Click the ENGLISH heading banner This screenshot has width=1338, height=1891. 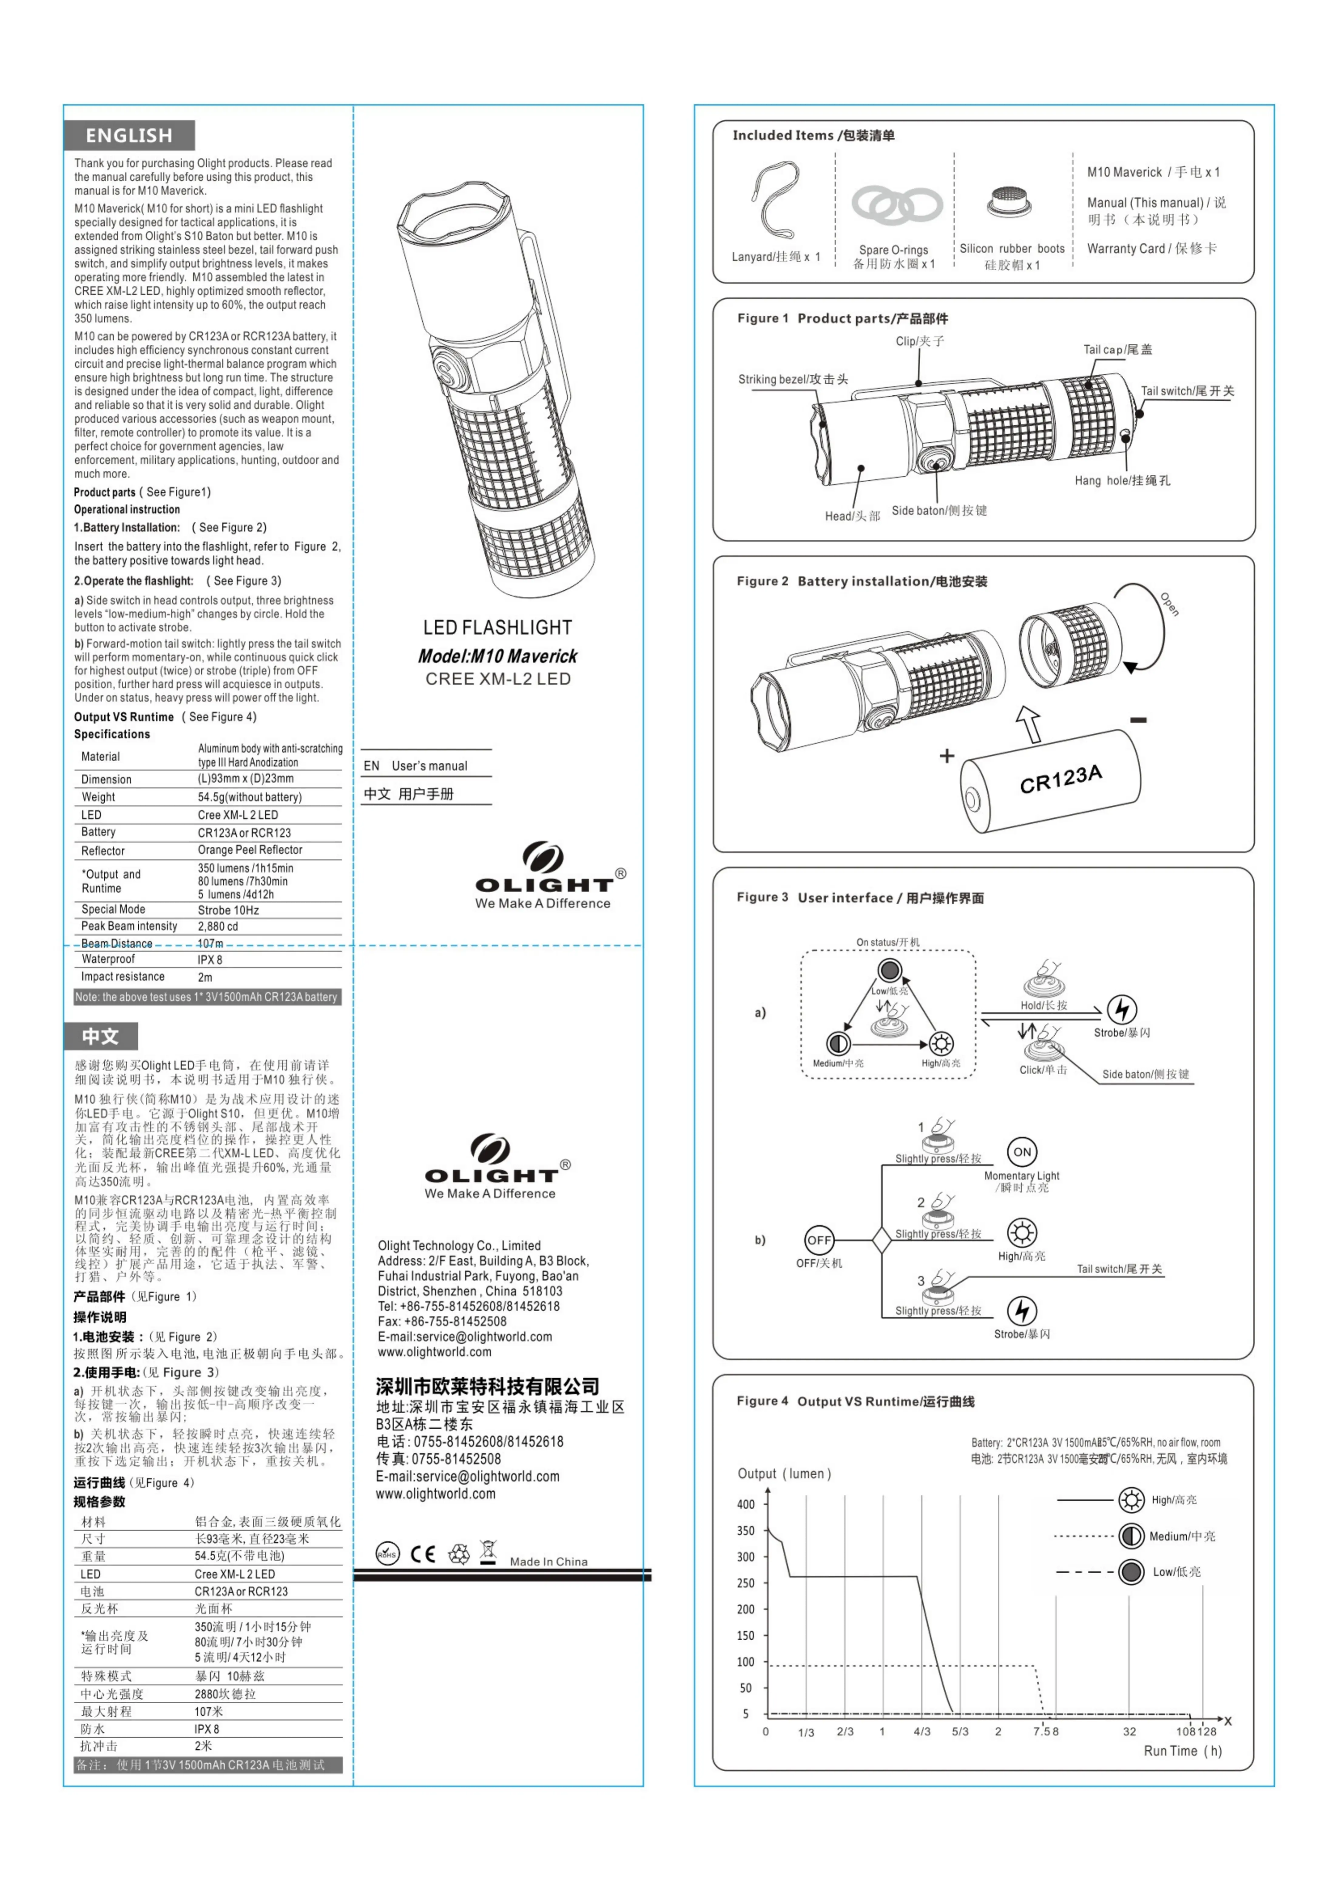[129, 135]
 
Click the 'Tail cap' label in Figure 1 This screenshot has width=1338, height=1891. [1117, 349]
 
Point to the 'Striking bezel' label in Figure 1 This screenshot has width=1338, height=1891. [793, 379]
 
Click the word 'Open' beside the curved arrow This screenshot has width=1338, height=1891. [1170, 604]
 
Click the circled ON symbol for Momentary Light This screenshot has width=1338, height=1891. [1022, 1152]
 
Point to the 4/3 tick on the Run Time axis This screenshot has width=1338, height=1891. [922, 1732]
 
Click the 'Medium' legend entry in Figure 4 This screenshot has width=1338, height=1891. [1181, 1536]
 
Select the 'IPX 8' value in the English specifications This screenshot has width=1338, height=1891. [210, 960]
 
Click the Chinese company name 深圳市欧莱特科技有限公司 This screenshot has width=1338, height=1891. [488, 1386]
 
